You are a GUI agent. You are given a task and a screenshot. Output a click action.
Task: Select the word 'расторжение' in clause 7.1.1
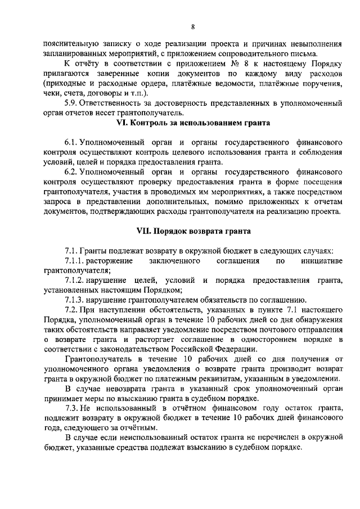tap(111, 261)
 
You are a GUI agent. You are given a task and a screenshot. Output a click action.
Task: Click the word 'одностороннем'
tap(267, 339)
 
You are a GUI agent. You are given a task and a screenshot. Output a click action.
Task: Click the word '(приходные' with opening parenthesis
tap(63, 83)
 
